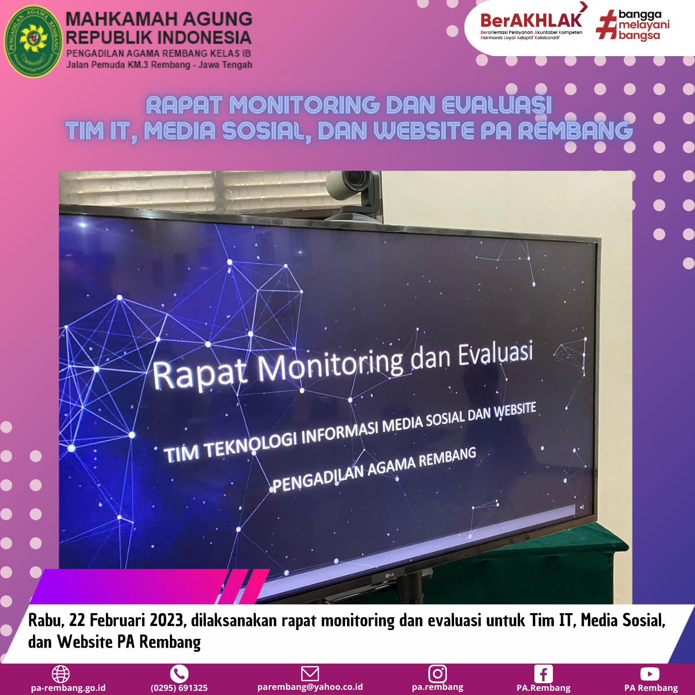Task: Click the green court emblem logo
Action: point(33,41)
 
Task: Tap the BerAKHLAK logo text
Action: point(531,21)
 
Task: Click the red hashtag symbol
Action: point(606,25)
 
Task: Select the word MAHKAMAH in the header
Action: point(121,19)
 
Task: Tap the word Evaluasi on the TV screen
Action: point(495,354)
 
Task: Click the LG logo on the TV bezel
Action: point(390,575)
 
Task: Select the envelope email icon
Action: point(310,673)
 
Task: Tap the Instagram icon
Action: point(438,673)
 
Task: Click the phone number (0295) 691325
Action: point(179,688)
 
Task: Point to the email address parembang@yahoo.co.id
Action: point(310,687)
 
